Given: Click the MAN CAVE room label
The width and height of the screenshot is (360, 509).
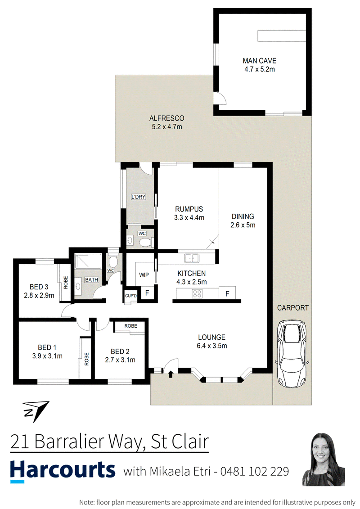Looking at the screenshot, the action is pyautogui.click(x=259, y=61).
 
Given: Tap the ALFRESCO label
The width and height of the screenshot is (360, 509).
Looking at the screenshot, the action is pyautogui.click(x=166, y=118).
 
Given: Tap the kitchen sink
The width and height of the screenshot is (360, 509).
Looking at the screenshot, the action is pyautogui.click(x=192, y=258).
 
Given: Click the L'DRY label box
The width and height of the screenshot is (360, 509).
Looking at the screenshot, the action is pyautogui.click(x=138, y=197).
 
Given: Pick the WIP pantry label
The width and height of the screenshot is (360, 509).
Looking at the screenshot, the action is pyautogui.click(x=144, y=275).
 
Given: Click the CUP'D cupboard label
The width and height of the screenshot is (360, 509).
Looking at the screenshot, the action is pyautogui.click(x=131, y=296).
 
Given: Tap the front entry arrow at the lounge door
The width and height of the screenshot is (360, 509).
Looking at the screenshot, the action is pyautogui.click(x=171, y=374).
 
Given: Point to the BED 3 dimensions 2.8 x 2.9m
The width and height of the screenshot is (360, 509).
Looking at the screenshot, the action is pyautogui.click(x=39, y=296).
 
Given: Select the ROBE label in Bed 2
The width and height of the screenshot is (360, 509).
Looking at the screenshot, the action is pyautogui.click(x=130, y=325).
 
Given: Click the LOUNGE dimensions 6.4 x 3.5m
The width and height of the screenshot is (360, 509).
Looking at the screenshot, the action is pyautogui.click(x=211, y=346).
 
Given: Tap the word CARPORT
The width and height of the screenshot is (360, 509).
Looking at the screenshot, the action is pyautogui.click(x=293, y=308).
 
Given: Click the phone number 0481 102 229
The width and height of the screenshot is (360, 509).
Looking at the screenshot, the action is pyautogui.click(x=255, y=471).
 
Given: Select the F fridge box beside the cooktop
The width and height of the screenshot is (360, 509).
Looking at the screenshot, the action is pyautogui.click(x=227, y=294).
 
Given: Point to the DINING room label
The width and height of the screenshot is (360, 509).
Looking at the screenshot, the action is pyautogui.click(x=243, y=216).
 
